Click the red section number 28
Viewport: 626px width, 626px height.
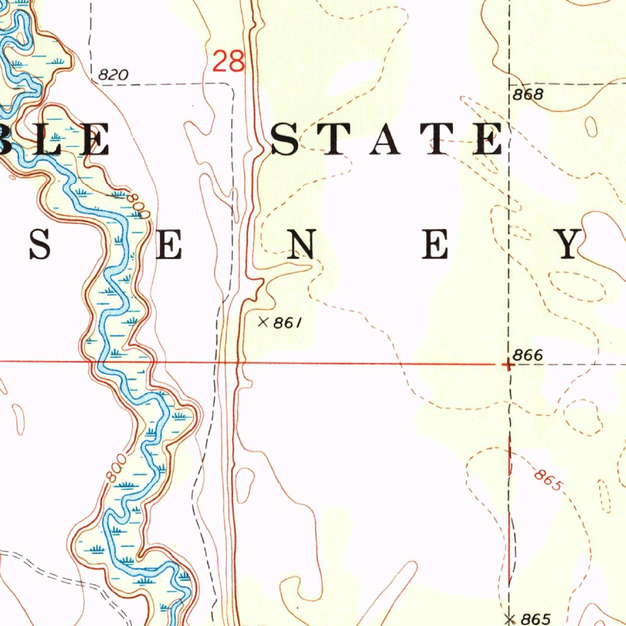pyautogui.click(x=229, y=62)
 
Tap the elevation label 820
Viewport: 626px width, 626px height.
pyautogui.click(x=113, y=75)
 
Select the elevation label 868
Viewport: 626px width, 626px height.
pyautogui.click(x=528, y=95)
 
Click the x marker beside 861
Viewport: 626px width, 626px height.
pyautogui.click(x=263, y=322)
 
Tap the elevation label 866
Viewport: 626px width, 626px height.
pyautogui.click(x=528, y=355)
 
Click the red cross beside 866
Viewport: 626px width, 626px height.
pyautogui.click(x=507, y=365)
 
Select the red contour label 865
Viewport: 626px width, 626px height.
pyautogui.click(x=547, y=481)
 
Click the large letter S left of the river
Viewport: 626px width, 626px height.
pyautogui.click(x=39, y=245)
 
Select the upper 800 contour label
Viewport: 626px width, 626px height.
pyautogui.click(x=139, y=205)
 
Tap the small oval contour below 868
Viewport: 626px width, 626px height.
pyautogui.click(x=591, y=127)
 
